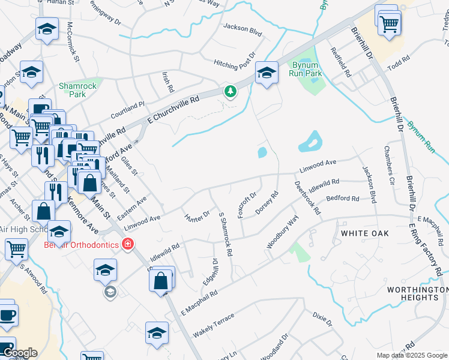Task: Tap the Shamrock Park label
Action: (x=77, y=90)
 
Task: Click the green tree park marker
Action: (x=229, y=92)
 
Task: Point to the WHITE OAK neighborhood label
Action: (x=365, y=233)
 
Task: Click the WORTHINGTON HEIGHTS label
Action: (x=413, y=293)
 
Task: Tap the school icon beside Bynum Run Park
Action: (x=267, y=73)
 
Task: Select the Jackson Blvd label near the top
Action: (x=243, y=28)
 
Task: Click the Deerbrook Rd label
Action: (x=307, y=197)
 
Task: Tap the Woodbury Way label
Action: (x=282, y=232)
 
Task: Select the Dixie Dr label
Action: (x=322, y=319)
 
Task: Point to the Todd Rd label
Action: (x=398, y=63)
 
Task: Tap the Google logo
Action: (x=19, y=353)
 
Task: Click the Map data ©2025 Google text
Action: (x=412, y=355)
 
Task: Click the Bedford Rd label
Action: (x=342, y=199)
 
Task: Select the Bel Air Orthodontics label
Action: (x=81, y=244)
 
